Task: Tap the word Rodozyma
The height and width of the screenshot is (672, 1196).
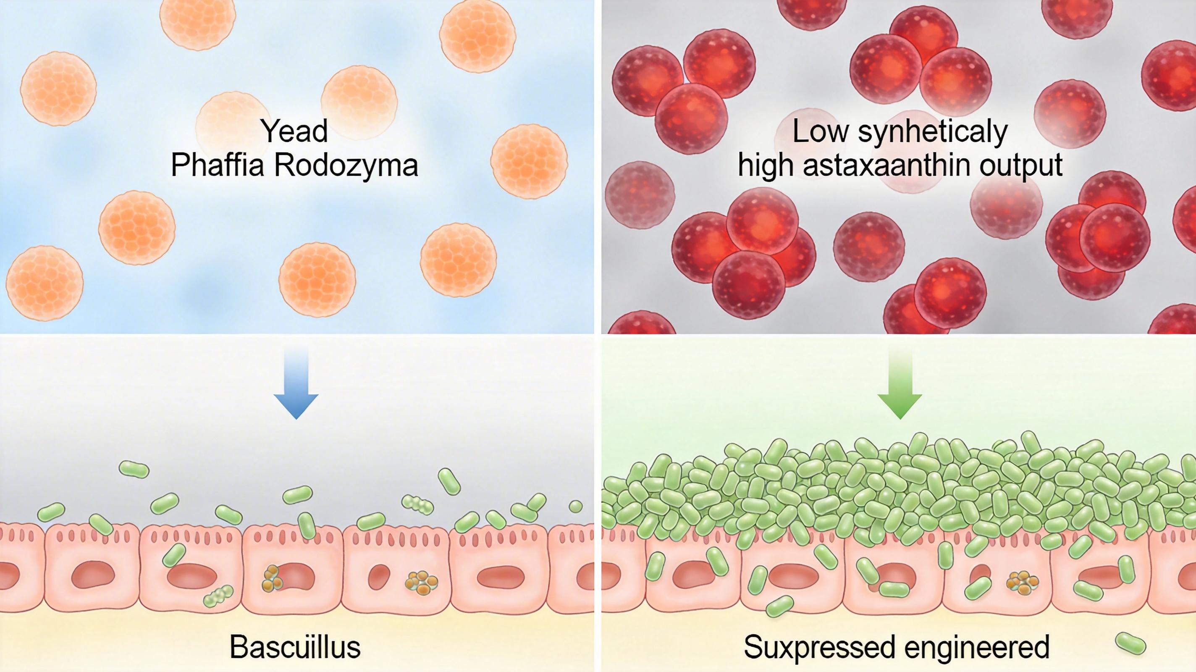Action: point(346,166)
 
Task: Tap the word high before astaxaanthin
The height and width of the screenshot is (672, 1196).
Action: point(766,166)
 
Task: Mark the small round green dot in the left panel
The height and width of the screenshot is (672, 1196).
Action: point(575,506)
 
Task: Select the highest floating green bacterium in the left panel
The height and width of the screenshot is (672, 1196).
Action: point(134,469)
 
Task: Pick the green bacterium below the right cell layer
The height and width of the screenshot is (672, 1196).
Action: point(779,606)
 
